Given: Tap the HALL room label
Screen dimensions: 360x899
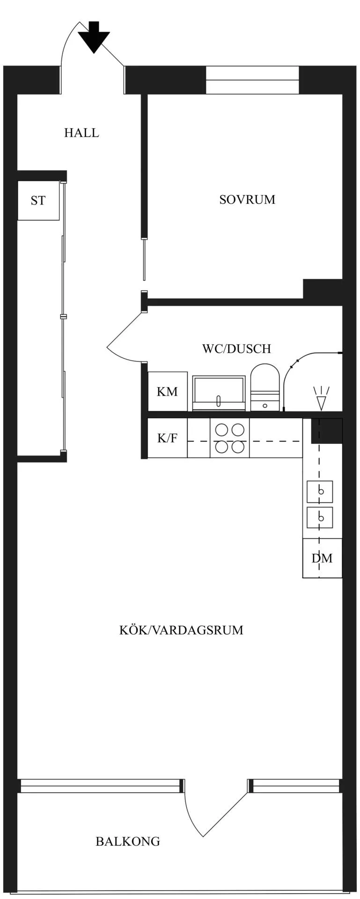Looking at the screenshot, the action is tap(81, 133).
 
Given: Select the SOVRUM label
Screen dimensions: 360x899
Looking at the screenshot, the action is tap(247, 199).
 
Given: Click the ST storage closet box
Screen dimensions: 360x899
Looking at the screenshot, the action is tap(38, 200).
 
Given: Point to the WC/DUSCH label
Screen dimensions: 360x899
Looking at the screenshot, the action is tap(236, 349).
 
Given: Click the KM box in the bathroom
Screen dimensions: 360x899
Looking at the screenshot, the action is tap(168, 391).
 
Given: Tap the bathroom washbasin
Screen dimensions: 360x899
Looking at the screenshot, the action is tap(219, 393).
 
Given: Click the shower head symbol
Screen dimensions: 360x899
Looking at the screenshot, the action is tap(321, 398).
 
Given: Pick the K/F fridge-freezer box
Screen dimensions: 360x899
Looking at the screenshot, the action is tap(168, 438).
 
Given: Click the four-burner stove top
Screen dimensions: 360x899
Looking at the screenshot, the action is tap(229, 438).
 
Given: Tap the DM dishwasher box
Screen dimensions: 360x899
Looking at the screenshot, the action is tap(322, 558).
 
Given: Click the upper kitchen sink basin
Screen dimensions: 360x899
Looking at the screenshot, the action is tap(320, 492).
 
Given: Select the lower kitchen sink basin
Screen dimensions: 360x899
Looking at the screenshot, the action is tap(320, 518).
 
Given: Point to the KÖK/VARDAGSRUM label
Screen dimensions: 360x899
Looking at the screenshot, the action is tap(181, 630).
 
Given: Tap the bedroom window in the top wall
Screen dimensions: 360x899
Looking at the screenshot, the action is tap(252, 80).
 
